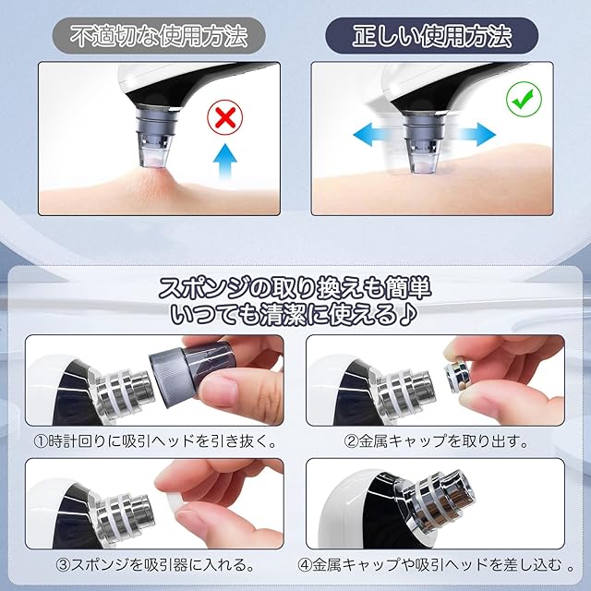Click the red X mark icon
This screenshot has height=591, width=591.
tap(225, 117)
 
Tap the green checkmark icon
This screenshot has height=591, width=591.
tap(524, 99)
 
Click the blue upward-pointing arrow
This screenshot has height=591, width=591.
tap(225, 160)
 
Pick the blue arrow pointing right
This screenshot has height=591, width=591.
tap(476, 135)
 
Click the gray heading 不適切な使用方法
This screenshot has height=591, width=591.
tap(159, 36)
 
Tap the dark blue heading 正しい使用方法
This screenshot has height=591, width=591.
tap(432, 36)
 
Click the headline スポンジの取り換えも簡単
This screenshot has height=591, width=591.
tap(295, 289)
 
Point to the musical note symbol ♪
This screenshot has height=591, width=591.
tap(407, 314)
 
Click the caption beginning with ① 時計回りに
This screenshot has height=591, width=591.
tap(155, 441)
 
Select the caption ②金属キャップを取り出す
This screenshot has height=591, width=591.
tap(436, 441)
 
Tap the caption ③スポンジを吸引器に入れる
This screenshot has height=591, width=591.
tap(155, 565)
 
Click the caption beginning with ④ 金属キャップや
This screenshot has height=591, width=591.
tap(436, 565)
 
